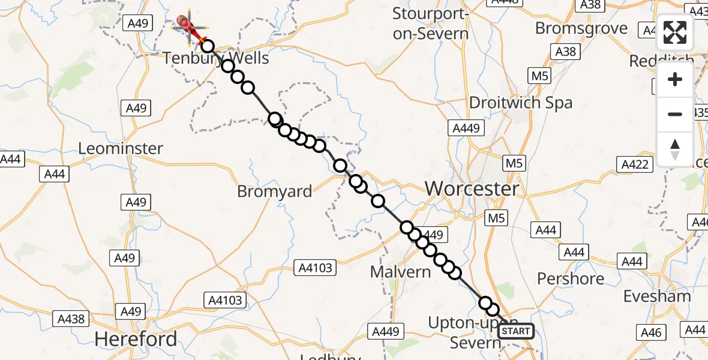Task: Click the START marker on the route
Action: pyautogui.click(x=515, y=331)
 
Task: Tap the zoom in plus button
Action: pyautogui.click(x=675, y=80)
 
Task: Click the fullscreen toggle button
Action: pyautogui.click(x=675, y=32)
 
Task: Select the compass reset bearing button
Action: pyautogui.click(x=675, y=149)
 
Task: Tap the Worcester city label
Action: pyautogui.click(x=472, y=189)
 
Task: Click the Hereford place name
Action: pyautogui.click(x=136, y=339)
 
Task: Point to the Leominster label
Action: pyautogui.click(x=121, y=148)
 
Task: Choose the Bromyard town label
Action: pyautogui.click(x=275, y=191)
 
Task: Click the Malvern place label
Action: pyautogui.click(x=400, y=272)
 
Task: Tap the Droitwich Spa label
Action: pyautogui.click(x=521, y=103)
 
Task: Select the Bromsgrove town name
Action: pyautogui.click(x=581, y=28)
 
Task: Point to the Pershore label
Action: pyautogui.click(x=571, y=278)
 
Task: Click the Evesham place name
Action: pyautogui.click(x=657, y=296)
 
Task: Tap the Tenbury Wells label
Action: pyautogui.click(x=216, y=59)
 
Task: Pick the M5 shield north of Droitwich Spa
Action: pyautogui.click(x=539, y=76)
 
